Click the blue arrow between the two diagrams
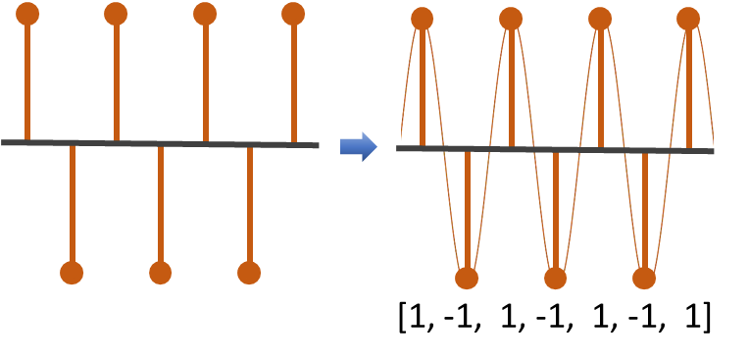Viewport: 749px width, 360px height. pyautogui.click(x=358, y=146)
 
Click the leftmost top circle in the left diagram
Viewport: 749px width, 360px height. pyautogui.click(x=27, y=14)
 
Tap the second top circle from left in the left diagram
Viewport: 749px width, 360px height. pyautogui.click(x=116, y=14)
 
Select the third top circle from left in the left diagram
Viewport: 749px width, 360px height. pyautogui.click(x=205, y=14)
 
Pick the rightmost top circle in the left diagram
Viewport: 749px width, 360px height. pyautogui.click(x=293, y=14)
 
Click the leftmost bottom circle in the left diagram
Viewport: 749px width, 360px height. pyautogui.click(x=72, y=273)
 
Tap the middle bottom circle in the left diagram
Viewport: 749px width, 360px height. pyautogui.click(x=161, y=273)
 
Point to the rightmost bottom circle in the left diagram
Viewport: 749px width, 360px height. pyautogui.click(x=249, y=273)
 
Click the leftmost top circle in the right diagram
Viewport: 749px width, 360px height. pyautogui.click(x=423, y=19)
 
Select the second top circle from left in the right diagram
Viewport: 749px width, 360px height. pyautogui.click(x=511, y=19)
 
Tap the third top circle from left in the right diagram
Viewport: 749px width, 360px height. pyautogui.click(x=600, y=19)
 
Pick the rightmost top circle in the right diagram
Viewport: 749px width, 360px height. pyautogui.click(x=688, y=19)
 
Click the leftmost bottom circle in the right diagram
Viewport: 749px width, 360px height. pyautogui.click(x=467, y=278)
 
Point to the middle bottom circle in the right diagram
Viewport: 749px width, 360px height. pyautogui.click(x=556, y=278)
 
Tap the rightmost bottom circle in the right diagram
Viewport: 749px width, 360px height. pyautogui.click(x=644, y=278)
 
